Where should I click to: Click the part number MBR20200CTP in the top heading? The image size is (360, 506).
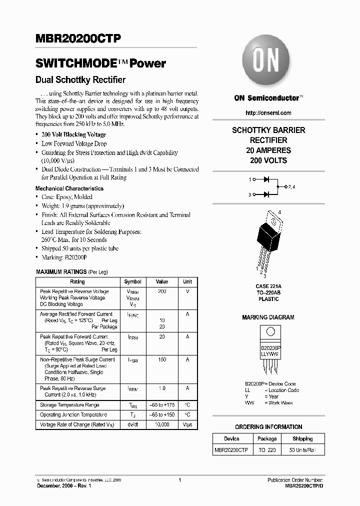click(x=78, y=39)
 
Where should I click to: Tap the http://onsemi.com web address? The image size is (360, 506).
click(x=268, y=113)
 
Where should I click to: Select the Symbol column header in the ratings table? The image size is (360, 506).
click(x=132, y=281)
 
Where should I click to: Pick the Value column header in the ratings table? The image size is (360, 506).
click(x=162, y=281)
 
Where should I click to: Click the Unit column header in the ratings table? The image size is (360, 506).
click(x=187, y=281)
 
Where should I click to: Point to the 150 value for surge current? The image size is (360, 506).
click(x=162, y=359)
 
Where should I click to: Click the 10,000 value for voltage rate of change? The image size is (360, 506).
click(x=162, y=424)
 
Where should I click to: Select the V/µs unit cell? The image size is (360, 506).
click(x=187, y=424)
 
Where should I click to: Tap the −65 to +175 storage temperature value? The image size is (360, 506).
click(x=162, y=405)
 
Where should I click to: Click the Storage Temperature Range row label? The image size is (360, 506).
click(x=69, y=405)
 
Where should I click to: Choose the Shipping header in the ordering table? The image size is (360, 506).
click(x=302, y=438)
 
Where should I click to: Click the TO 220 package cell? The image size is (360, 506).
click(x=267, y=450)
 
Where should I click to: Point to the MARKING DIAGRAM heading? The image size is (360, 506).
click(x=268, y=317)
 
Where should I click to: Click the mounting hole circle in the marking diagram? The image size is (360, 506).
click(x=270, y=331)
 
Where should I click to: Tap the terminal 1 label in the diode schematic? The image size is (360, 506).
click(x=249, y=178)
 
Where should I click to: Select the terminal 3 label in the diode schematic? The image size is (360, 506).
click(x=249, y=194)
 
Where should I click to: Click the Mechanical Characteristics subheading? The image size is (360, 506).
click(x=69, y=188)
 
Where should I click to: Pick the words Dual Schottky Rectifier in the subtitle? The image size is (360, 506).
click(x=80, y=79)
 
